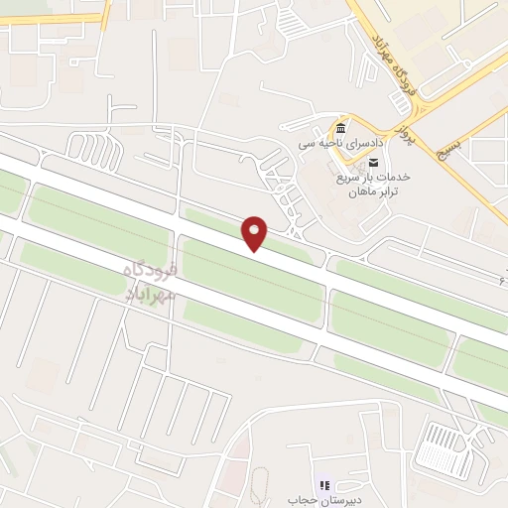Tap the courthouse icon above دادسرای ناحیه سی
341,130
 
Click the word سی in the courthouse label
307,145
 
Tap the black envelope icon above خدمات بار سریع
374,162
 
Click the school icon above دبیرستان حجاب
323,485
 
